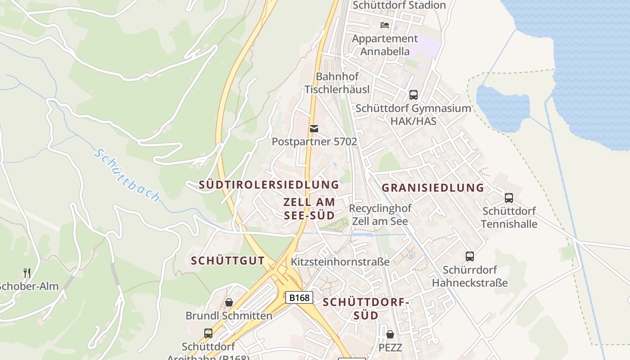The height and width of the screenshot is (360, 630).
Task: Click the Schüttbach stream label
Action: [127, 175]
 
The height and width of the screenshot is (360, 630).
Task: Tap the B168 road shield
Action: [299, 297]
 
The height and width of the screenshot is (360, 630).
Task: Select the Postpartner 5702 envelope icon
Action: [314, 129]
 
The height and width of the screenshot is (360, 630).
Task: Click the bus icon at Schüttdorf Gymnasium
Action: [413, 95]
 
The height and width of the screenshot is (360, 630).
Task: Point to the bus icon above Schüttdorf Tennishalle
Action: [509, 198]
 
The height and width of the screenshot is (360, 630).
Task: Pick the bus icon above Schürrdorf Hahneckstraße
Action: [470, 256]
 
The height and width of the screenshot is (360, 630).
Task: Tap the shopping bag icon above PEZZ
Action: [390, 334]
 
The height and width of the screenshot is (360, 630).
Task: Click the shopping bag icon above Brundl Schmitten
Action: [229, 302]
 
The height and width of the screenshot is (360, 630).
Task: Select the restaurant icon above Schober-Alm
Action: [27, 273]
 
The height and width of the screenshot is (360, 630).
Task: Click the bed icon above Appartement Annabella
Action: [384, 25]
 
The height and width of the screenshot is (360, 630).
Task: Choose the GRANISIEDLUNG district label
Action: [433, 188]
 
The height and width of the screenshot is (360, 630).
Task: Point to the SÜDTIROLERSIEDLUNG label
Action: [269, 184]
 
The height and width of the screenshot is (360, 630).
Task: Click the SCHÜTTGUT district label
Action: [228, 261]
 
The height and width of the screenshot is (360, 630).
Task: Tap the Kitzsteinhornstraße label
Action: [340, 261]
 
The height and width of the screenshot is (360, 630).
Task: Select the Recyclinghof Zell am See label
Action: [380, 215]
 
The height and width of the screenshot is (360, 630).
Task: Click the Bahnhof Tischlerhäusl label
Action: [337, 83]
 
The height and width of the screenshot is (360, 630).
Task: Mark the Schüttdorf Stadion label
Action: [399, 5]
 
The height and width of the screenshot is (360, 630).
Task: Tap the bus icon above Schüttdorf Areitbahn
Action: [208, 333]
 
